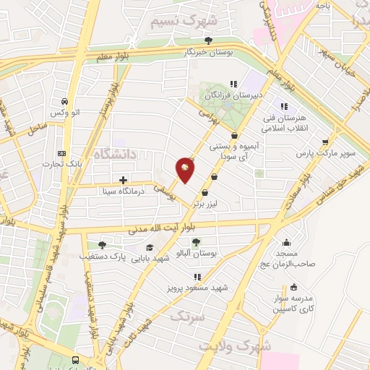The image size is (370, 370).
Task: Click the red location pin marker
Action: coord(185,169)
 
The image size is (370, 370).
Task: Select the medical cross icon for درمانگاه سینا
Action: coord(123,179)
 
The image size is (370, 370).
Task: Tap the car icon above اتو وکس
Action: coord(66,101)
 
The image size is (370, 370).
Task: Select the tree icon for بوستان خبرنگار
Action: coord(209,40)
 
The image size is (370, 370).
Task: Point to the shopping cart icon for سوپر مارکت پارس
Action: coord(325,142)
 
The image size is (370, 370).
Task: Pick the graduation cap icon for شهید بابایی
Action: coord(150,247)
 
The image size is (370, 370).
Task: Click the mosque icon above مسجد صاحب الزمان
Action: coord(287,243)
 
